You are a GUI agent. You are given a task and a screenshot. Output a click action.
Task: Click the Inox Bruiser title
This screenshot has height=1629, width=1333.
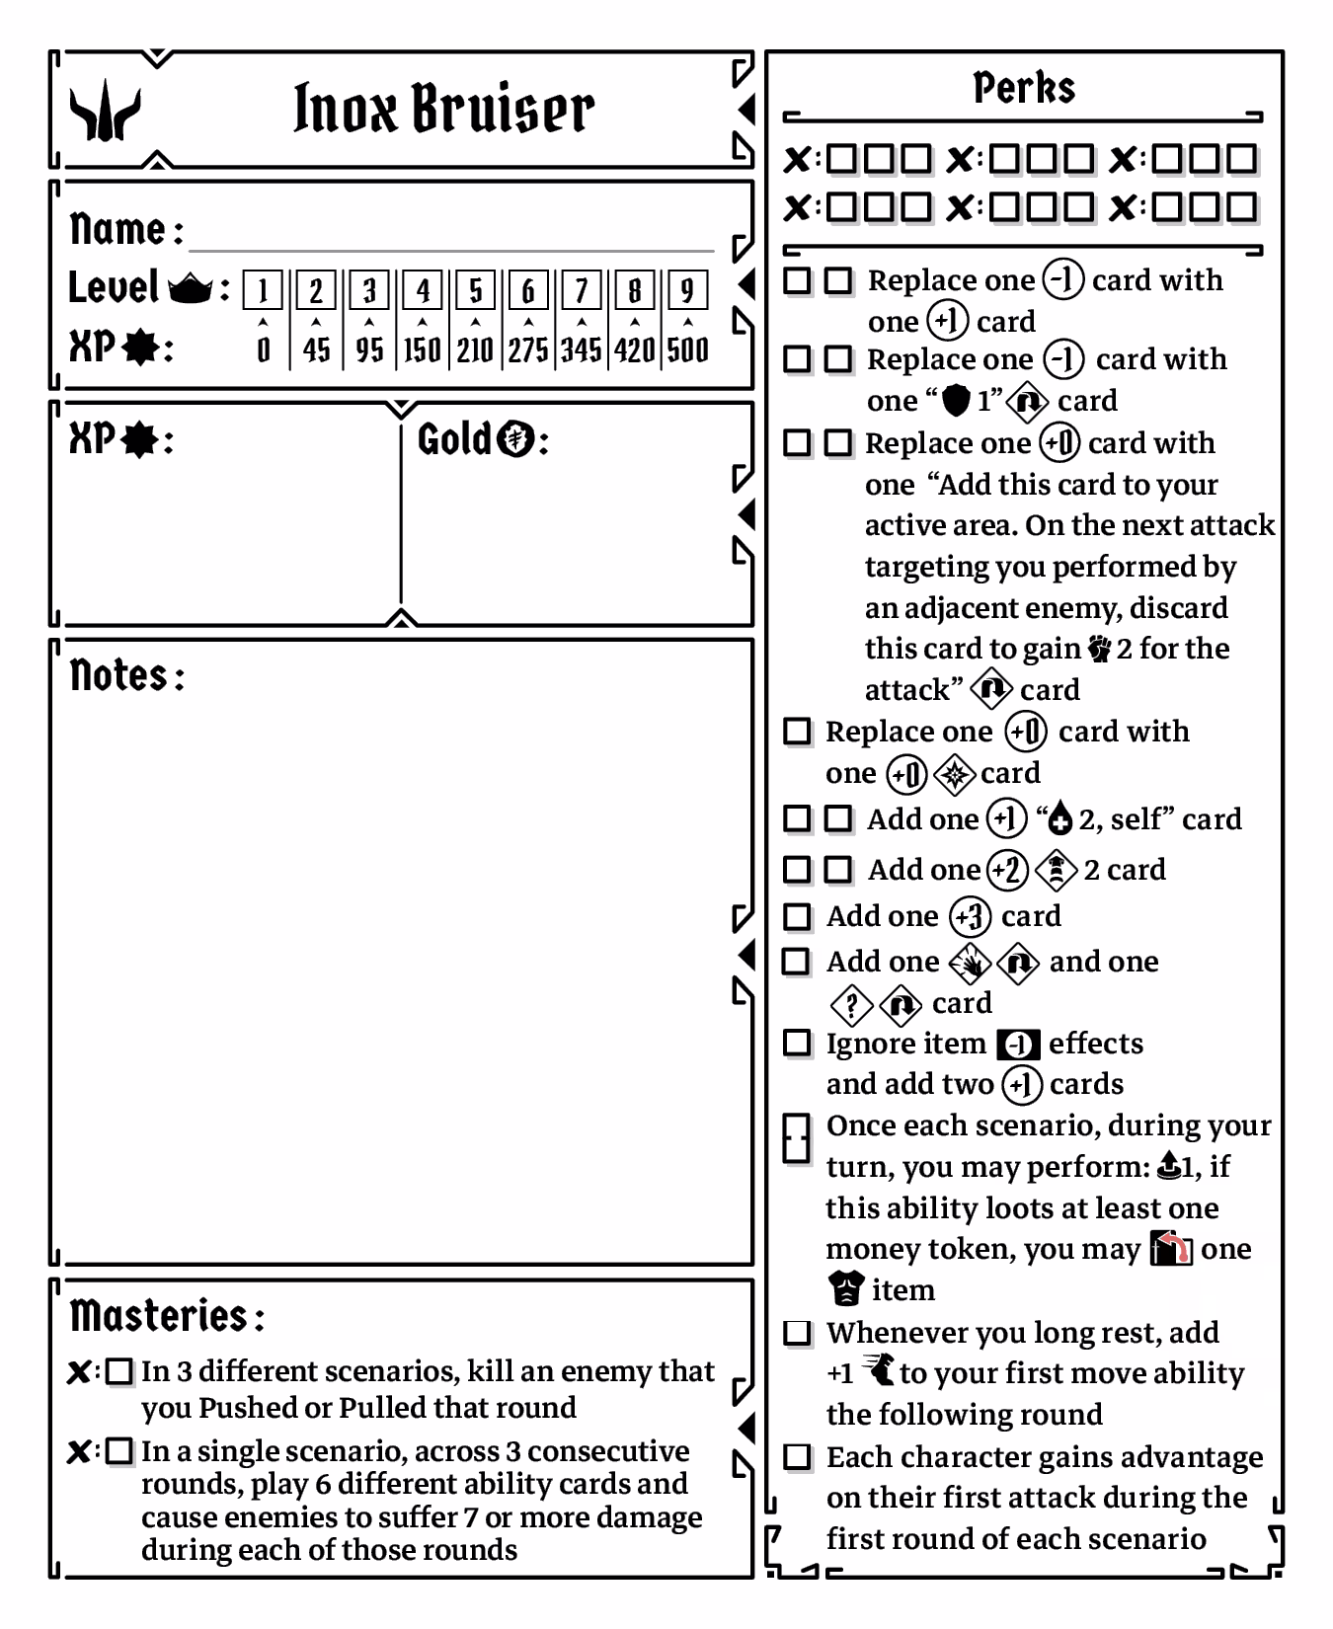pyautogui.click(x=443, y=108)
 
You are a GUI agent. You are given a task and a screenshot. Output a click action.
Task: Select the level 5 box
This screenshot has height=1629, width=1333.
pyautogui.click(x=475, y=290)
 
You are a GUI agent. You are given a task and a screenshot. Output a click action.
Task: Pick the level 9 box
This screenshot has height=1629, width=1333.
pyautogui.click(x=687, y=290)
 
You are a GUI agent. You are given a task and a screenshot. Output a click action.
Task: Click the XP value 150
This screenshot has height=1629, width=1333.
pyautogui.click(x=422, y=349)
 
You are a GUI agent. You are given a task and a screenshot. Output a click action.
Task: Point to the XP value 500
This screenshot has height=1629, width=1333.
pyautogui.click(x=687, y=349)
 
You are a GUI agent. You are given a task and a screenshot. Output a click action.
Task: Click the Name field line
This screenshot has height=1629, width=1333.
pyautogui.click(x=450, y=237)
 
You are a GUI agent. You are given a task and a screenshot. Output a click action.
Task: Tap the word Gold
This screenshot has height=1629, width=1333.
pyautogui.click(x=454, y=439)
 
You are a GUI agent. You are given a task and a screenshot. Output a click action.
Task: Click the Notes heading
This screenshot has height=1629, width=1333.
pyautogui.click(x=119, y=676)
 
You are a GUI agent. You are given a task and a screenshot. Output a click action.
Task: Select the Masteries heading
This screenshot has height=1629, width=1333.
pyautogui.click(x=158, y=1316)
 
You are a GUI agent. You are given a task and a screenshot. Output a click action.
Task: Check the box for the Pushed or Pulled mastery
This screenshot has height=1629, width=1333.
pyautogui.click(x=119, y=1371)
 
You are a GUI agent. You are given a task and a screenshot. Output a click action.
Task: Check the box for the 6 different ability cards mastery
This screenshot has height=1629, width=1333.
pyautogui.click(x=119, y=1451)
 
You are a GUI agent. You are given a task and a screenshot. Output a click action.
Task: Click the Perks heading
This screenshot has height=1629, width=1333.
pyautogui.click(x=1024, y=88)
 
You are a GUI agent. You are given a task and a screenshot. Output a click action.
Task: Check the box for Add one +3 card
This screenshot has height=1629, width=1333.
pyautogui.click(x=797, y=917)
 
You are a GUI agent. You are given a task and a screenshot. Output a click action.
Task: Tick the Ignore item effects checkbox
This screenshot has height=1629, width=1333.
pyautogui.click(x=797, y=1044)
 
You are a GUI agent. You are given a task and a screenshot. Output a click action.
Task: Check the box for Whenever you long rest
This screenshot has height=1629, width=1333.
pyautogui.click(x=797, y=1333)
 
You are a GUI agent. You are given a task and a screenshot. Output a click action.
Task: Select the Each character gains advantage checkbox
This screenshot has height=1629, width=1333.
pyautogui.click(x=797, y=1457)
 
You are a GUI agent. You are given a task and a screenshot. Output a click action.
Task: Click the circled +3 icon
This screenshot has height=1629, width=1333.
pyautogui.click(x=970, y=917)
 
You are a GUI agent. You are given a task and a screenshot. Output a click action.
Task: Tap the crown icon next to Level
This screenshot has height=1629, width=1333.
pyautogui.click(x=191, y=289)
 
